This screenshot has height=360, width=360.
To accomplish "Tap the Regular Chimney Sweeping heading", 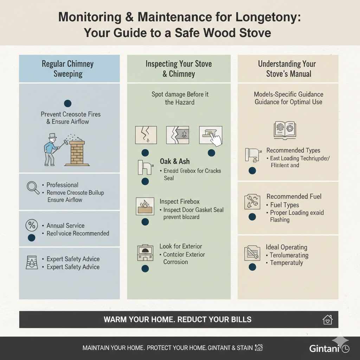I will pyautogui.click(x=68, y=69).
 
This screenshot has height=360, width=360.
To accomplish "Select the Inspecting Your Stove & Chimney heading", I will pyautogui.click(x=179, y=69).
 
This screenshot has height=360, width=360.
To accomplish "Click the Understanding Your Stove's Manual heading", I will pyautogui.click(x=288, y=69).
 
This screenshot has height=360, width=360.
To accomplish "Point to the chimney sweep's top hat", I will pyautogui.click(x=53, y=136).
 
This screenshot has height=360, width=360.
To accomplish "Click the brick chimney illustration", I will pyautogui.click(x=77, y=153).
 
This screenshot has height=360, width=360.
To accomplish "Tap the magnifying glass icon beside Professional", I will pyautogui.click(x=33, y=187).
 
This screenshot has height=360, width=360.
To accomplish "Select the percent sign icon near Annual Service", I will pyautogui.click(x=32, y=225).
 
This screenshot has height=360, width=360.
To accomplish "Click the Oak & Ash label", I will pyautogui.click(x=174, y=161).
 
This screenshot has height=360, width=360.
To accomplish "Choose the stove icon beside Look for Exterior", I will pyautogui.click(x=144, y=252).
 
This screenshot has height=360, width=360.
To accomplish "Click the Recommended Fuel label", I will pyautogui.click(x=294, y=197).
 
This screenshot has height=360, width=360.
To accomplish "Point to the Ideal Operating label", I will pyautogui.click(x=286, y=247).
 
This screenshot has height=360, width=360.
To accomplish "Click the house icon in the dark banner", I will pyautogui.click(x=327, y=320).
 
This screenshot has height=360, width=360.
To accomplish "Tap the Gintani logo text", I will pyautogui.click(x=324, y=348).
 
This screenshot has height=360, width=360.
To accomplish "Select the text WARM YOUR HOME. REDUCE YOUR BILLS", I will pyautogui.click(x=178, y=320).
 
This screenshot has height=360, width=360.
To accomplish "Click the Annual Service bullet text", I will pyautogui.click(x=65, y=226).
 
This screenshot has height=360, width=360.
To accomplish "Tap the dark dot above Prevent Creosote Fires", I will pyautogui.click(x=68, y=103).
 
